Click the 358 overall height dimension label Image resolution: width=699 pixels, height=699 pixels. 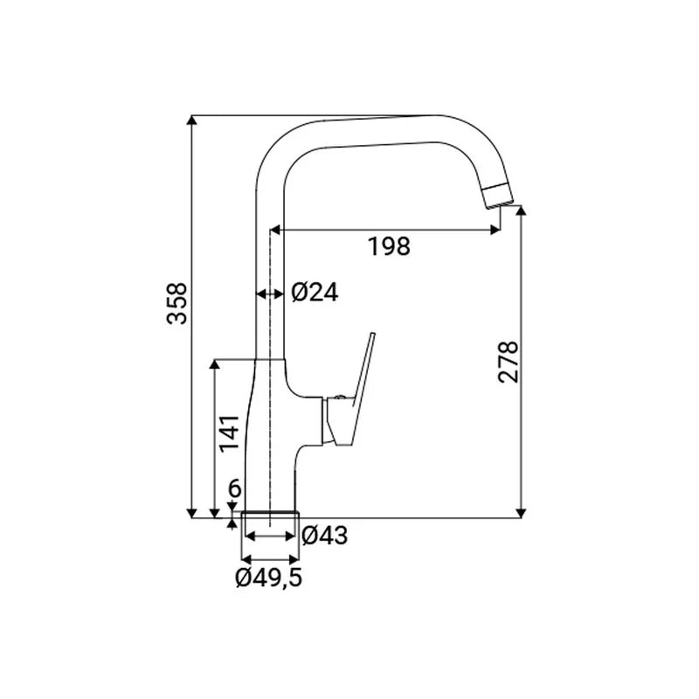click(177, 302)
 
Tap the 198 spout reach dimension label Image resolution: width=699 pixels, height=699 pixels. click(389, 246)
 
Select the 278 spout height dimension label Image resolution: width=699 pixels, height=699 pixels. click(509, 362)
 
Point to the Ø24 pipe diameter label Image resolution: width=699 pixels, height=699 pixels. click(315, 293)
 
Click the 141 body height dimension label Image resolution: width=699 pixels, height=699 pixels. click(230, 433)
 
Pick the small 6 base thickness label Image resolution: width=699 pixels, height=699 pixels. click(234, 488)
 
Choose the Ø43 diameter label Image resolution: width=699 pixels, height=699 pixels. click(324, 535)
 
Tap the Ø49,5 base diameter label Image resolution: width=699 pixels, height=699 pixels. click(269, 578)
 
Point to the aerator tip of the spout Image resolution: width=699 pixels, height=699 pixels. click(496, 195)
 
